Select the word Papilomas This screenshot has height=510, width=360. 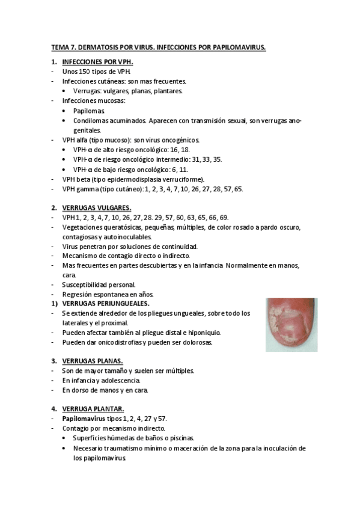[89, 111]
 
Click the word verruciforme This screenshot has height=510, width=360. [182, 179]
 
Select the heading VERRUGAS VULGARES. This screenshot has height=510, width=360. [96, 207]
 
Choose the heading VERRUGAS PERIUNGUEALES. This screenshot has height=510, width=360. [106, 304]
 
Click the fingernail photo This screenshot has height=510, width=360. [291, 325]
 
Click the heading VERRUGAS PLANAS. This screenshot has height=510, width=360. [93, 361]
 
